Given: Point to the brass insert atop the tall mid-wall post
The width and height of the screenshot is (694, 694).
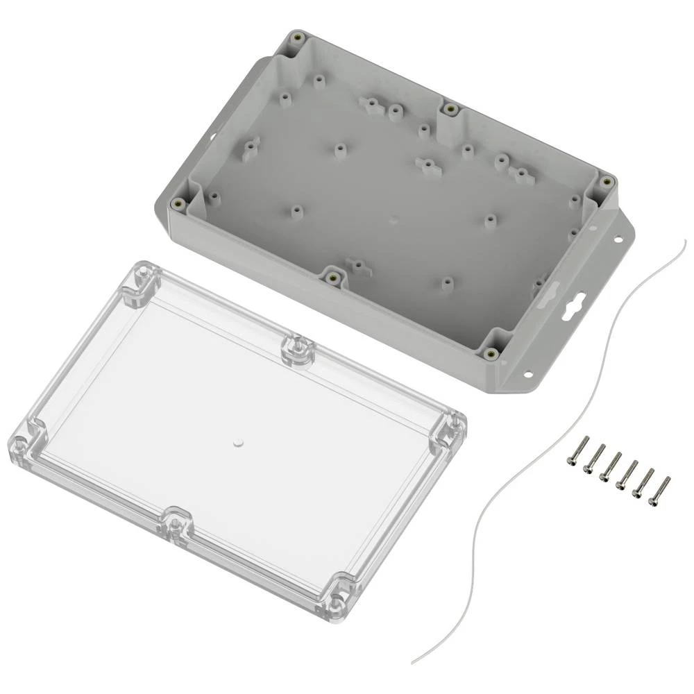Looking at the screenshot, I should coord(450,109).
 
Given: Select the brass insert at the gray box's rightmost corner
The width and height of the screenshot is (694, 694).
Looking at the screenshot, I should coord(607,182).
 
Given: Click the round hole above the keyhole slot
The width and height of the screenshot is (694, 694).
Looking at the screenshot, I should coord(616,240).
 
